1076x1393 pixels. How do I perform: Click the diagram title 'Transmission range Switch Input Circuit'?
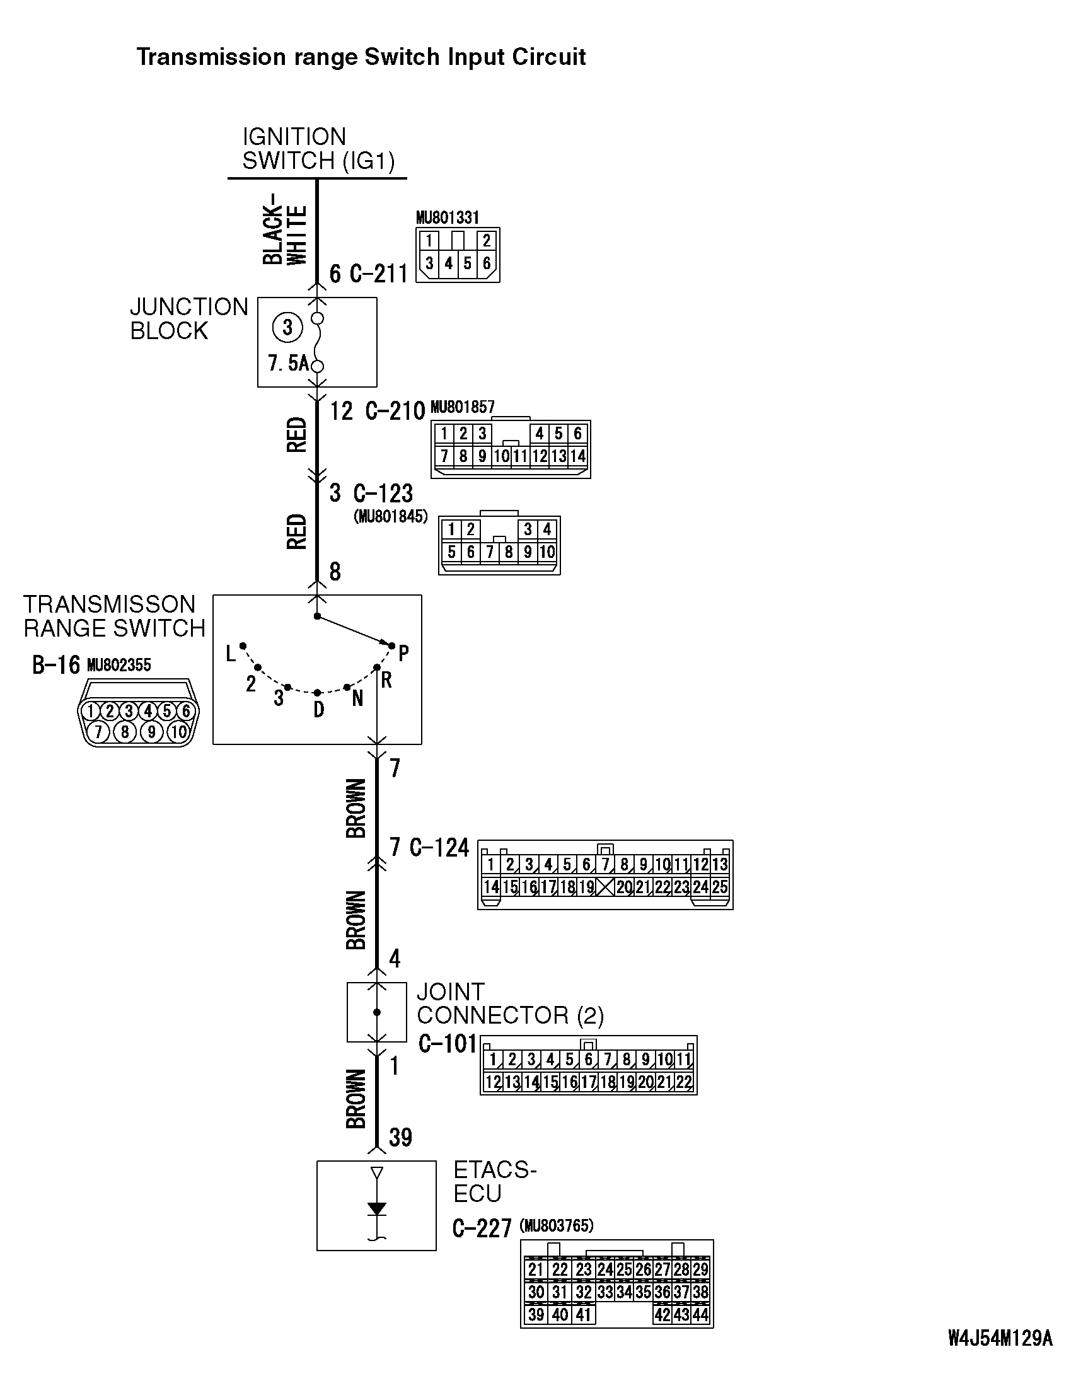click(361, 57)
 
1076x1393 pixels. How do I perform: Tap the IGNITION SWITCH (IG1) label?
click(318, 149)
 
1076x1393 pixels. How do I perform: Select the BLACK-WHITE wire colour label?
click(284, 234)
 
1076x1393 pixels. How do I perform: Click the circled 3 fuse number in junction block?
click(287, 328)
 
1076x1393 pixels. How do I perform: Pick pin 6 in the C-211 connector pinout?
click(487, 263)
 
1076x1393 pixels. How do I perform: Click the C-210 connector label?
click(395, 412)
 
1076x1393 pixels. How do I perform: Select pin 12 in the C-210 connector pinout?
click(540, 456)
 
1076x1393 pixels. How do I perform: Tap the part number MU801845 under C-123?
click(390, 517)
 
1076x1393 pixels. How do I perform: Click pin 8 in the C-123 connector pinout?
click(508, 552)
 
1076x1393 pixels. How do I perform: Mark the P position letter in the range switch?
click(403, 653)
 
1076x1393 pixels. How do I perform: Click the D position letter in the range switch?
click(318, 709)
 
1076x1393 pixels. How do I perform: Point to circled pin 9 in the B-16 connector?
click(151, 732)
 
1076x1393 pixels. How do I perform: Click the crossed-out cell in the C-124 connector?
click(605, 887)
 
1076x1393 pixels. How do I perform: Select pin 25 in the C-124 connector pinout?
click(719, 887)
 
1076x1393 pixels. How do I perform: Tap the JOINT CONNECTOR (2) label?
click(509, 1003)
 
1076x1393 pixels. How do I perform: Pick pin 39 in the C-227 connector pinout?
click(536, 1315)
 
